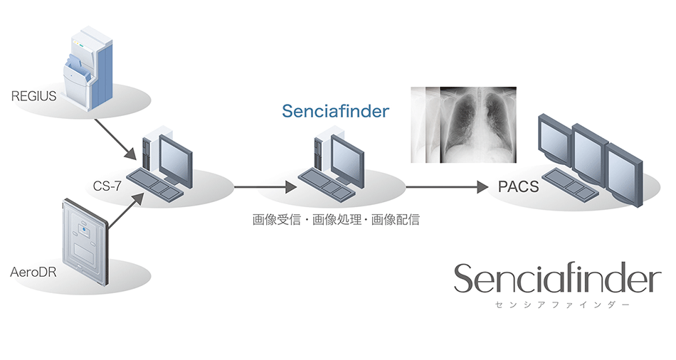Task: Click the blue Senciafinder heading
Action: [335, 112]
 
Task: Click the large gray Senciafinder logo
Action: [557, 279]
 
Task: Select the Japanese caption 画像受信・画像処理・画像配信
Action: [336, 220]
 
